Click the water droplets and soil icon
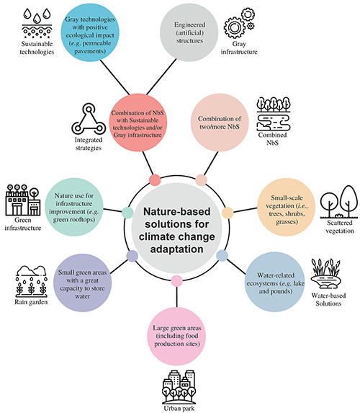(x=37, y=23)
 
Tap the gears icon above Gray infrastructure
(x=239, y=23)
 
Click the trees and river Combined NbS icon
(x=274, y=114)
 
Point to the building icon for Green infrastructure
(x=23, y=200)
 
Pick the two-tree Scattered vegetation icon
(x=339, y=202)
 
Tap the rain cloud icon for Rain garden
(x=31, y=281)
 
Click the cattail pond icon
(x=325, y=274)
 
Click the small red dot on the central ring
(x=155, y=180)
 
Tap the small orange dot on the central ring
(x=228, y=213)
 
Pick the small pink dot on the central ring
(x=176, y=281)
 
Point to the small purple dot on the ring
(x=132, y=256)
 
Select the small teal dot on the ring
(x=127, y=213)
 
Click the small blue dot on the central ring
(x=222, y=255)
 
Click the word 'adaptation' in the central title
(x=176, y=249)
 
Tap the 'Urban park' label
(x=179, y=409)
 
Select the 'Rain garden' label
(x=31, y=302)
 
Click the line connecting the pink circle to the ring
(x=176, y=297)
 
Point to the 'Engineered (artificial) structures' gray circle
(x=189, y=32)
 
